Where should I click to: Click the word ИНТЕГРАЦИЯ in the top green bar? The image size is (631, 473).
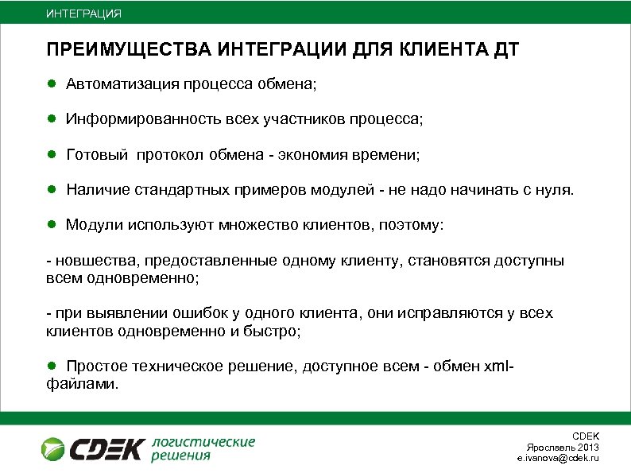(x=83, y=14)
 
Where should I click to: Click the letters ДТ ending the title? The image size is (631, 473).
(x=506, y=51)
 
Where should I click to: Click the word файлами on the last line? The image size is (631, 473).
(x=81, y=384)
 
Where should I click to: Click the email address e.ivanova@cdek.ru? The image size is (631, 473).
(x=558, y=459)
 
